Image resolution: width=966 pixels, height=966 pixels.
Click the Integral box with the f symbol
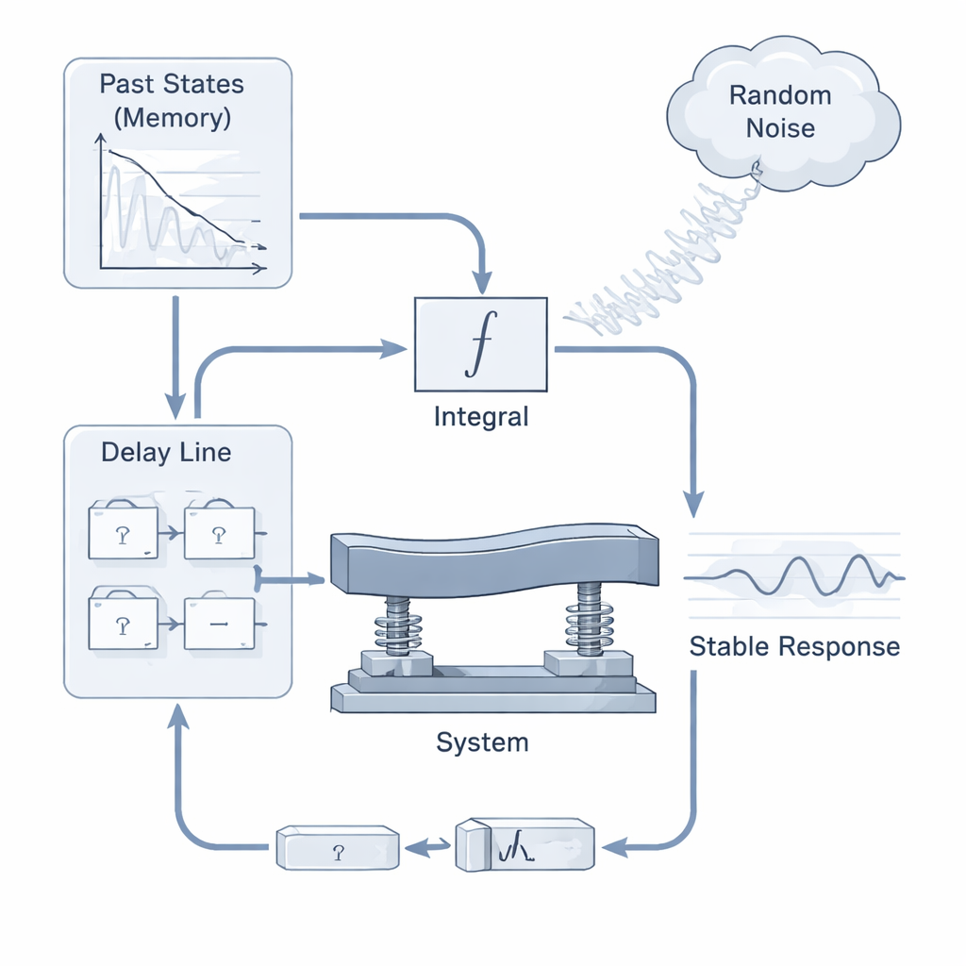coord(480,344)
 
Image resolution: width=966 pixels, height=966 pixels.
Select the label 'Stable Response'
coord(794,647)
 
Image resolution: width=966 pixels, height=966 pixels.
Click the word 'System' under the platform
coord(482,742)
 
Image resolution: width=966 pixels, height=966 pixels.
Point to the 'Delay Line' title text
coord(166,453)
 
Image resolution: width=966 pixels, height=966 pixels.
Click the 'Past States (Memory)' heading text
coord(172,101)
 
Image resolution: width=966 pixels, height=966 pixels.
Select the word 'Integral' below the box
coord(481,416)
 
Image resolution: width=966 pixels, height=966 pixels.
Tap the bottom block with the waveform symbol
coord(525,844)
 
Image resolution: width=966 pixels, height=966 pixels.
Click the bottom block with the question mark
coord(338,848)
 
